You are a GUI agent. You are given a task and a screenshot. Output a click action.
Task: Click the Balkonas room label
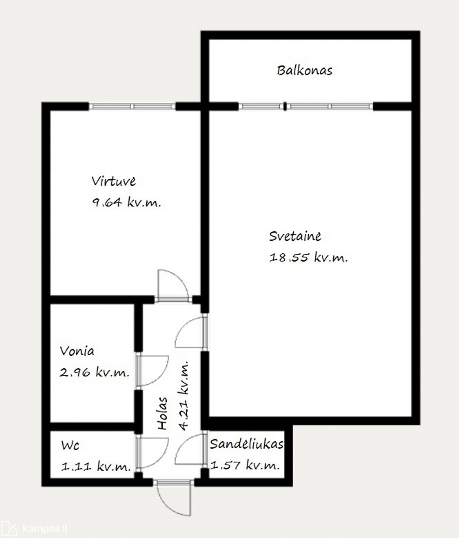(304, 71)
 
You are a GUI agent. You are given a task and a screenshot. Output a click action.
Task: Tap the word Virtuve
(113, 181)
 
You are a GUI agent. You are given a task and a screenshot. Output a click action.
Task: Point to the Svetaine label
(295, 236)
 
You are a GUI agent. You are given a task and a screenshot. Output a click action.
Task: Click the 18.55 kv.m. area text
(308, 257)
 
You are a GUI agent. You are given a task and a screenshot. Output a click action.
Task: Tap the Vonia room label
(77, 351)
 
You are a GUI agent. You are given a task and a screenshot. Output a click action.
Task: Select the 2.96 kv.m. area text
(94, 372)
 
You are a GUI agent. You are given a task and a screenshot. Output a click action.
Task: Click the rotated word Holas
(163, 414)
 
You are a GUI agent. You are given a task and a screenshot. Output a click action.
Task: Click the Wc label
(70, 446)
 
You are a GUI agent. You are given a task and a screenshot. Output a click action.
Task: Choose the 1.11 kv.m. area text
(96, 466)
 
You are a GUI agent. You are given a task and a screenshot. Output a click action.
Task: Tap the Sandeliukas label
(247, 444)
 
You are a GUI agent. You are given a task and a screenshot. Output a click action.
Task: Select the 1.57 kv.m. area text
(245, 465)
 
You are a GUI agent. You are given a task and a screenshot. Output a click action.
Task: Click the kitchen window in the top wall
(132, 106)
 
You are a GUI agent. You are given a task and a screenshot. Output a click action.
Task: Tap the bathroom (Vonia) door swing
(153, 371)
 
